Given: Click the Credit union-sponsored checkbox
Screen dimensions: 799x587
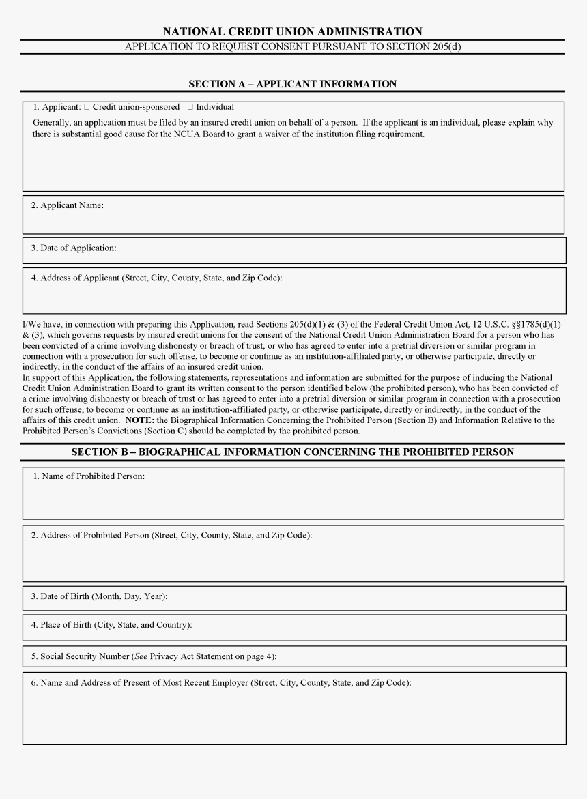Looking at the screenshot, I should [87, 107].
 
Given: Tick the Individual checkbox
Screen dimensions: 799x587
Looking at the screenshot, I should [190, 107].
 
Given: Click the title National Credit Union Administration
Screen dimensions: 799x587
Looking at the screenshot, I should [292, 31].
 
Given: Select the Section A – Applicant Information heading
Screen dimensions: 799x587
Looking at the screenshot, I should [292, 84].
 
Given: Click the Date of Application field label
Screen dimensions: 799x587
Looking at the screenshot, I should [73, 248].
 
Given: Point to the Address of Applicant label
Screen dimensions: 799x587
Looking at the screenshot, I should [156, 278].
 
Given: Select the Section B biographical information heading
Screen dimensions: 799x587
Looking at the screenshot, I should [292, 452].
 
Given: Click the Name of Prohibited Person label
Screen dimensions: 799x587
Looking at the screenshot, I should [89, 476].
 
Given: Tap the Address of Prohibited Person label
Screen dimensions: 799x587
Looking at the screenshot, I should [171, 535].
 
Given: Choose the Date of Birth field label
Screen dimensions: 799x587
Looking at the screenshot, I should [99, 596].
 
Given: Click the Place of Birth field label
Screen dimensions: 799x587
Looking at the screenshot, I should [111, 624].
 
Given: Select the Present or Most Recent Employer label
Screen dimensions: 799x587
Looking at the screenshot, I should [221, 682].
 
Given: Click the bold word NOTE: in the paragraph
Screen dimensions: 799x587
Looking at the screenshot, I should [139, 420].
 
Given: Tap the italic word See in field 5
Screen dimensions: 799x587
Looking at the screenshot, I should [140, 656].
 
